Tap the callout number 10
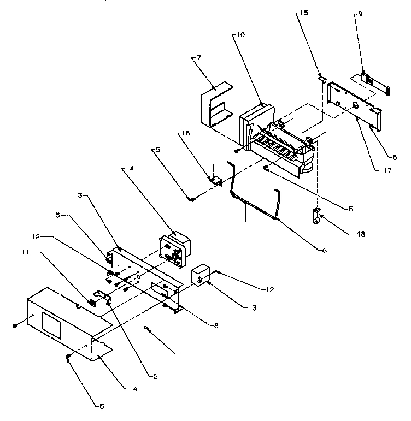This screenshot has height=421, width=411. [x=242, y=35]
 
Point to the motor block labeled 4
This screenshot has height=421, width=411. [x=175, y=248]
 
